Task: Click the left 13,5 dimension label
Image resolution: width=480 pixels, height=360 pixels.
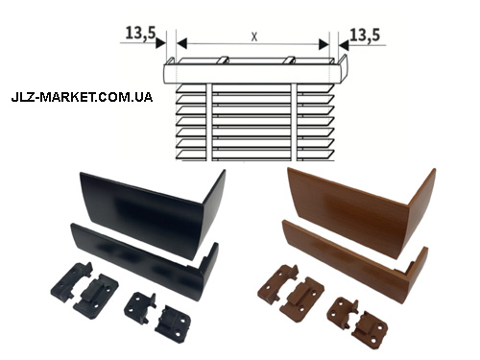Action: pos(140,33)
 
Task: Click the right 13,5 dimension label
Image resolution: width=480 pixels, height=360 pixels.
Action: pos(365,35)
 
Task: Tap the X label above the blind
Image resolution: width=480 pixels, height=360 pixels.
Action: pos(254,37)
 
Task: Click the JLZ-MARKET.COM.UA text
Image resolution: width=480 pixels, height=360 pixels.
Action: pos(82,97)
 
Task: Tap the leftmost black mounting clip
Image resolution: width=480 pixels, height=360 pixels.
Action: pos(72,280)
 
